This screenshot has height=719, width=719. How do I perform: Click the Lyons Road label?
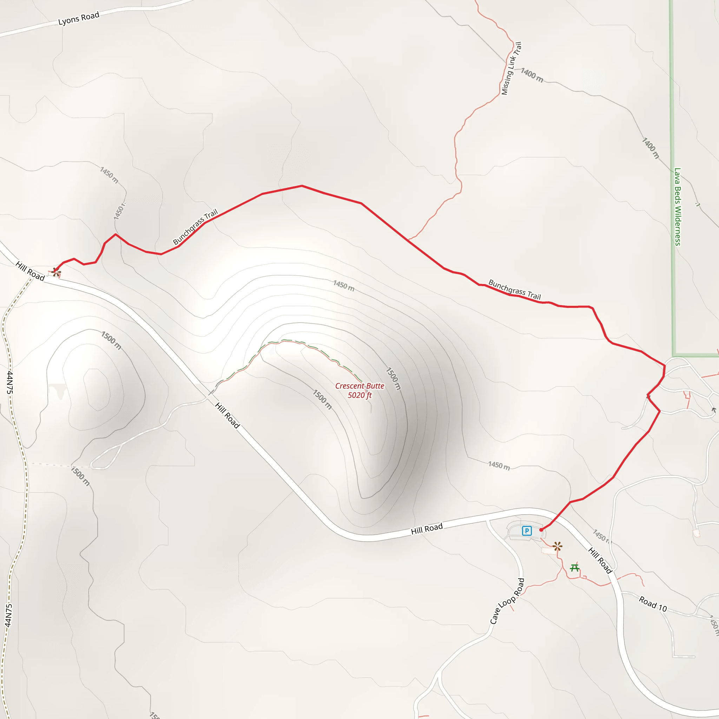pos(79,18)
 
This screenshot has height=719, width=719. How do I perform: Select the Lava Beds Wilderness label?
pos(678,206)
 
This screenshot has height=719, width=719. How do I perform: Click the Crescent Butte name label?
pos(359,386)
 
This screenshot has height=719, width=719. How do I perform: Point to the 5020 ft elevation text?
pos(359,395)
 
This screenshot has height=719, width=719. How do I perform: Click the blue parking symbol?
pos(527,531)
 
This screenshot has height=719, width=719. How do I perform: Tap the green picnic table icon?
pos(575,568)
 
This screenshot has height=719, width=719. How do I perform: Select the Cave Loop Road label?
pos(507,601)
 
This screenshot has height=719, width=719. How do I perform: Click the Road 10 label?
pos(653,603)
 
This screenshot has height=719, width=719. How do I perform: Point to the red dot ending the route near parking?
pos(541,529)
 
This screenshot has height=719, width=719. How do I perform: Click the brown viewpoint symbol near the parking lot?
pos(557,546)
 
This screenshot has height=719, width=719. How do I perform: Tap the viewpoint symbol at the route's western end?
pos(56,272)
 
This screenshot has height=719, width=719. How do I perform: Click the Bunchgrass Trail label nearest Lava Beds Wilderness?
pos(514,289)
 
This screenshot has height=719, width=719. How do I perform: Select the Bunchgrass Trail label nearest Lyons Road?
pos(196,227)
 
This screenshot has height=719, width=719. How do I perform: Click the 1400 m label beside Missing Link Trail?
pos(532,75)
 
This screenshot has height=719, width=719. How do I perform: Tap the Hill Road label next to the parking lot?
pos(427,528)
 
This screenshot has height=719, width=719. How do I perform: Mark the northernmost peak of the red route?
pos(302,186)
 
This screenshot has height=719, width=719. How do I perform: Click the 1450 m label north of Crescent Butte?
pos(343,286)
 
